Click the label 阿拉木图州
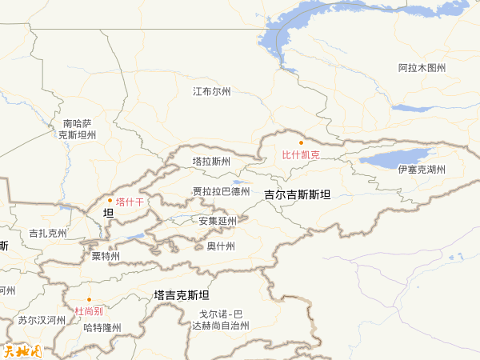(x=422, y=68)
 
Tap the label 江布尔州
(x=212, y=92)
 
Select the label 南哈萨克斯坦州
(x=77, y=130)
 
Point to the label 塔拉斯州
(x=211, y=161)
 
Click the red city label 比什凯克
(x=301, y=154)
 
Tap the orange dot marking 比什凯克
(x=302, y=142)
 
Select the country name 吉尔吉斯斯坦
(x=298, y=194)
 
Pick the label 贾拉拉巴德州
(x=222, y=191)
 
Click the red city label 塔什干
(x=130, y=202)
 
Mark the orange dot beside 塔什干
(x=110, y=201)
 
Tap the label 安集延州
(x=218, y=221)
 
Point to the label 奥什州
(x=220, y=246)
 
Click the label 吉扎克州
(x=48, y=234)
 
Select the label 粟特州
(x=106, y=257)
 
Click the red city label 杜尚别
(x=88, y=310)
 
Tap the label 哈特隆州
(x=102, y=327)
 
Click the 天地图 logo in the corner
(x=22, y=350)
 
